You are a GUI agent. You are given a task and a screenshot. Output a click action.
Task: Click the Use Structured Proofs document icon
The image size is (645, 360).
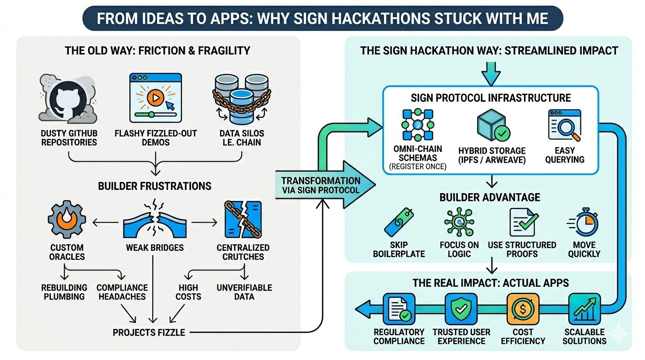pos(523,222)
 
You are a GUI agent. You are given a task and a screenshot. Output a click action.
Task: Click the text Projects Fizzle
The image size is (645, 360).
pos(149,332)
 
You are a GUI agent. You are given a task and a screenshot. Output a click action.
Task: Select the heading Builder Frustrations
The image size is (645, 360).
pos(155,186)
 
